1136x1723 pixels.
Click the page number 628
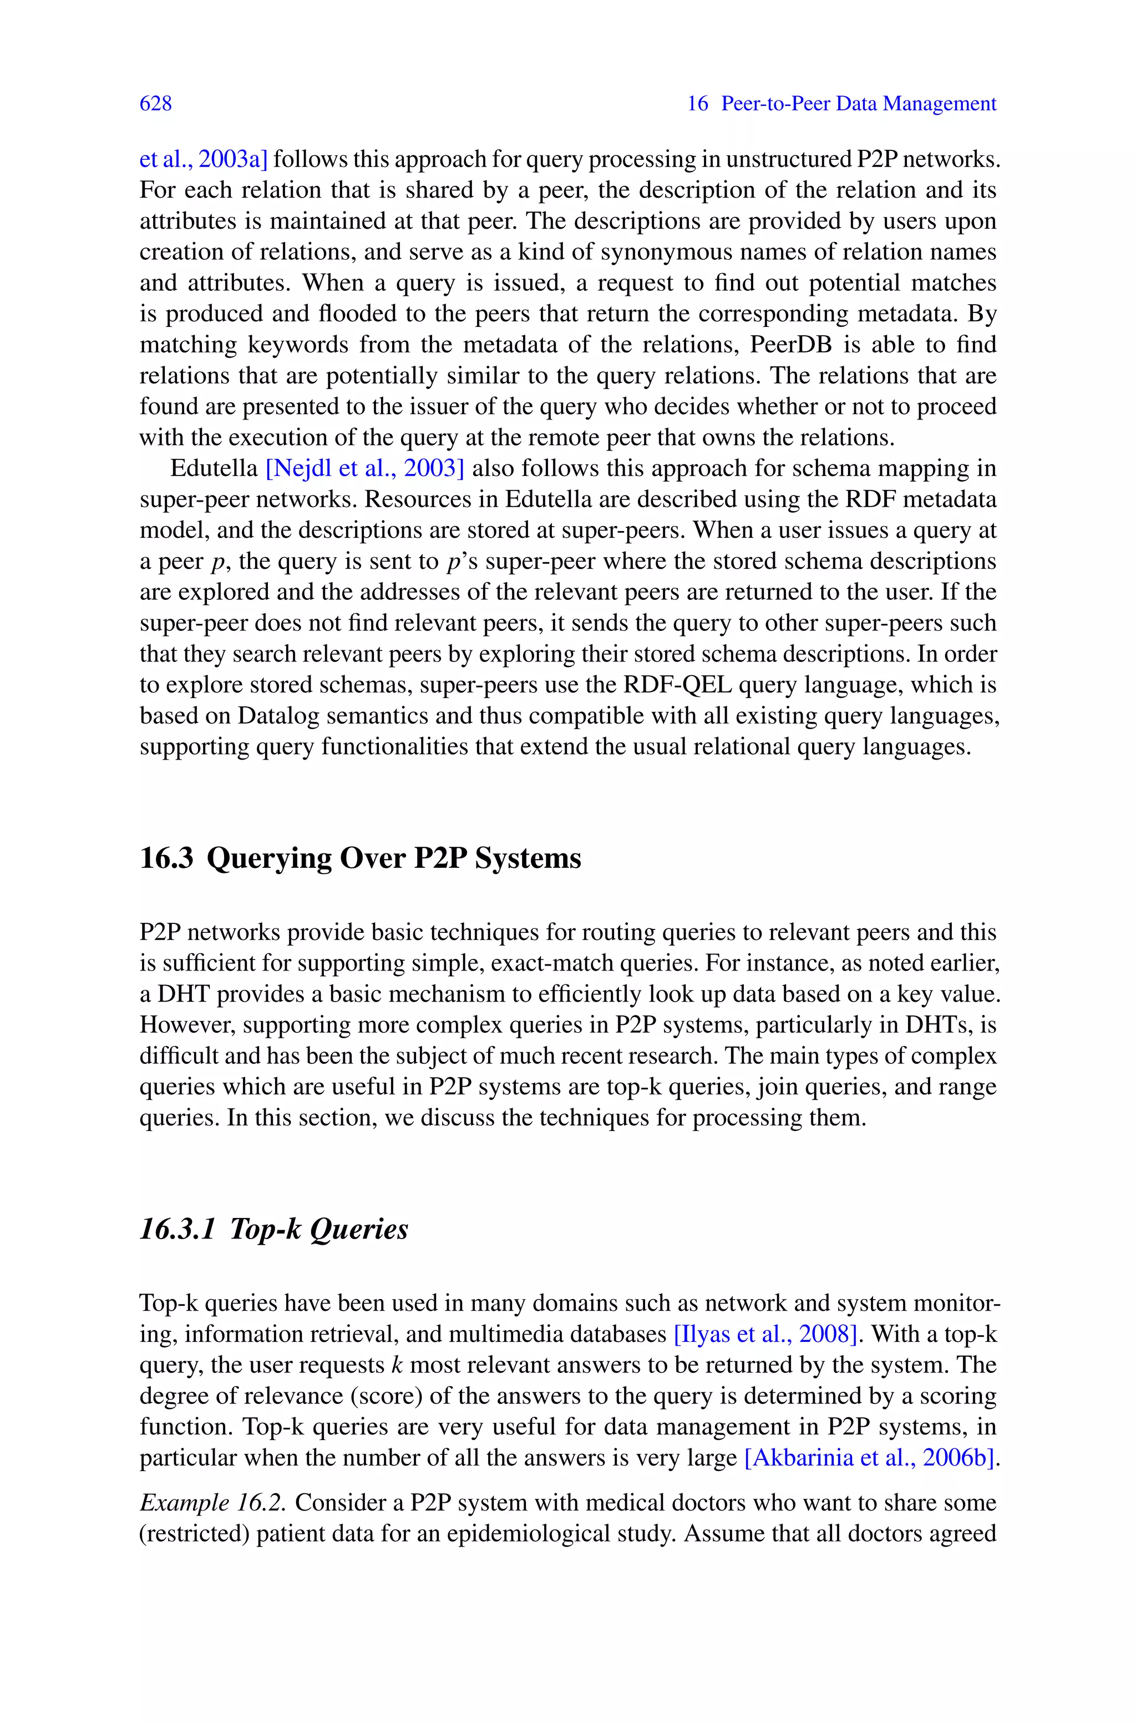click(156, 104)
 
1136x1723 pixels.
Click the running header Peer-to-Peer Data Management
click(859, 104)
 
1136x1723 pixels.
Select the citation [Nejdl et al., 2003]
click(365, 469)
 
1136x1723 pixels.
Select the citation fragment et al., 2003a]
click(204, 159)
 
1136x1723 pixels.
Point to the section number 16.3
click(166, 858)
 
